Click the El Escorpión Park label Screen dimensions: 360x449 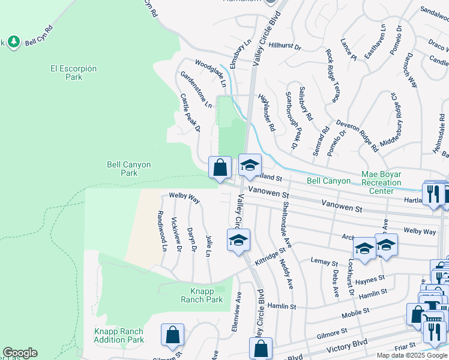(73, 73)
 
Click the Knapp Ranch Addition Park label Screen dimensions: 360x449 (119, 335)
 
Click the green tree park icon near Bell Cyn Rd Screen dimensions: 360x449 (14, 41)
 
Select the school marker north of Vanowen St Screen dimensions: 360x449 (250, 165)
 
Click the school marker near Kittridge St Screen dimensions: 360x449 (238, 240)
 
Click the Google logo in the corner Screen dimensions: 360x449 (20, 353)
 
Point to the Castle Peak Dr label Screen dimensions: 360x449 (190, 112)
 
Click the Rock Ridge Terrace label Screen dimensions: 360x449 (333, 74)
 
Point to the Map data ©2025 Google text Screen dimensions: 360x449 (412, 355)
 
